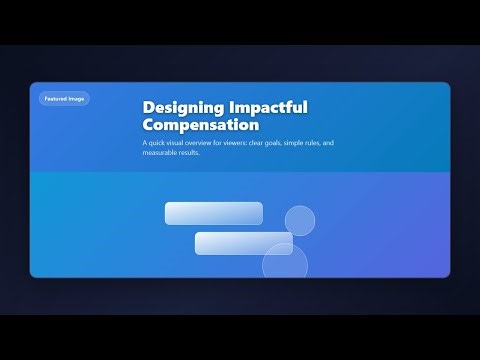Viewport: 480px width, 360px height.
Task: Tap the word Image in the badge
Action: [78, 98]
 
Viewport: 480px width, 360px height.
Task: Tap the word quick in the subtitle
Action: [157, 144]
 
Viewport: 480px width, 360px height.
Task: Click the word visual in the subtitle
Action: [178, 144]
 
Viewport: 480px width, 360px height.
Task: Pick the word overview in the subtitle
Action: [205, 144]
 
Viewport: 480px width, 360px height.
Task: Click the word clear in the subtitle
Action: [271, 144]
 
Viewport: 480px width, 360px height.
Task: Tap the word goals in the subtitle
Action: [292, 144]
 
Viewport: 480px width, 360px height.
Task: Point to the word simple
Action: [316, 144]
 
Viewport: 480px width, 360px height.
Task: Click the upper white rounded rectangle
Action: [213, 213]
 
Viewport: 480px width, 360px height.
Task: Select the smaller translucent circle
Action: [300, 220]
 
